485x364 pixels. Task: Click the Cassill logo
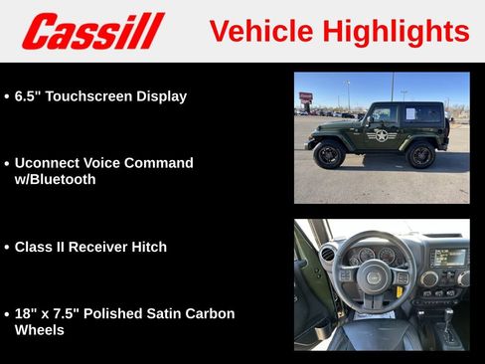pyautogui.click(x=92, y=31)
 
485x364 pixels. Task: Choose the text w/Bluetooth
pyautogui.click(x=56, y=180)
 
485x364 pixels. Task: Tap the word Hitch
pyautogui.click(x=147, y=247)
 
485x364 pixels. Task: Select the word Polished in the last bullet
pyautogui.click(x=111, y=313)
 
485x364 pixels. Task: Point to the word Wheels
pyautogui.click(x=40, y=330)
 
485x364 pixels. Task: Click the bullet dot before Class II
pyautogui.click(x=7, y=248)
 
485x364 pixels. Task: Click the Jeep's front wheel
pyautogui.click(x=329, y=154)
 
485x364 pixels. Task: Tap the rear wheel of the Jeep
pyautogui.click(x=421, y=155)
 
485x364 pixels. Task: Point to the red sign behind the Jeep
pyautogui.click(x=305, y=97)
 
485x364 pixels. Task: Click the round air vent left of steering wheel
pyautogui.click(x=328, y=255)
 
